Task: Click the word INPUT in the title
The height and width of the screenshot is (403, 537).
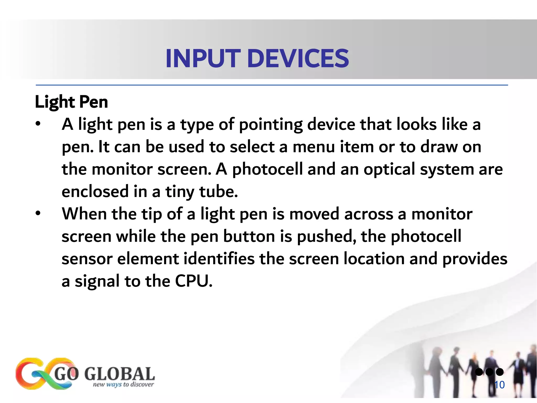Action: click(203, 59)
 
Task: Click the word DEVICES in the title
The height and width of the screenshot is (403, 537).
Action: click(298, 59)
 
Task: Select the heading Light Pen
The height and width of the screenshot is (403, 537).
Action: click(71, 102)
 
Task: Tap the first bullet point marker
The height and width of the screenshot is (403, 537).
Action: click(38, 124)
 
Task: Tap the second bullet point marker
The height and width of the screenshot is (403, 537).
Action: click(38, 214)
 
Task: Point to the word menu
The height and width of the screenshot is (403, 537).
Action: click(314, 147)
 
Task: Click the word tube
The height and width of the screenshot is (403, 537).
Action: click(218, 192)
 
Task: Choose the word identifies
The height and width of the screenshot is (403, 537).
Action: click(219, 259)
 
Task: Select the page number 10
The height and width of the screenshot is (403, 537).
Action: click(499, 385)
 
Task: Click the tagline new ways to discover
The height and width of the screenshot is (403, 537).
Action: click(123, 385)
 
